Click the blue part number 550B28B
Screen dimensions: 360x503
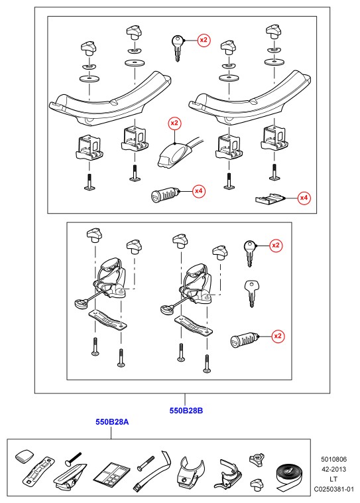click(x=186, y=410)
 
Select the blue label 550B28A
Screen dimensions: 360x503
click(x=112, y=421)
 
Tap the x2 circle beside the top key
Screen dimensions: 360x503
click(x=204, y=40)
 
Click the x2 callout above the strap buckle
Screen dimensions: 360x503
click(x=174, y=123)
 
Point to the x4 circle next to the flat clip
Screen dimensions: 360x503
click(x=304, y=198)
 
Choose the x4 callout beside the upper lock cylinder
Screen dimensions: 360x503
click(x=199, y=191)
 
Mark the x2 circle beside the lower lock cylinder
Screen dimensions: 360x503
click(x=277, y=336)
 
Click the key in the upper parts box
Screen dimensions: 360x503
click(x=178, y=48)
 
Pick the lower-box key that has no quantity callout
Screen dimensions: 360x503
click(x=252, y=293)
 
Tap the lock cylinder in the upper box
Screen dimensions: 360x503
click(x=164, y=195)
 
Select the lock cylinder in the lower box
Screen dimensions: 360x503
click(x=244, y=340)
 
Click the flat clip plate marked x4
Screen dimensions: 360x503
click(x=270, y=198)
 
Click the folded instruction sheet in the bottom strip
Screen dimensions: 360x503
click(x=111, y=472)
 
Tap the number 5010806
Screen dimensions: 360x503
click(x=333, y=459)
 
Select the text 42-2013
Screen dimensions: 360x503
click(x=333, y=469)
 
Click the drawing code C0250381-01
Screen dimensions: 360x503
click(x=333, y=489)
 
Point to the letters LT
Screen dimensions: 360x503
click(x=333, y=479)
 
